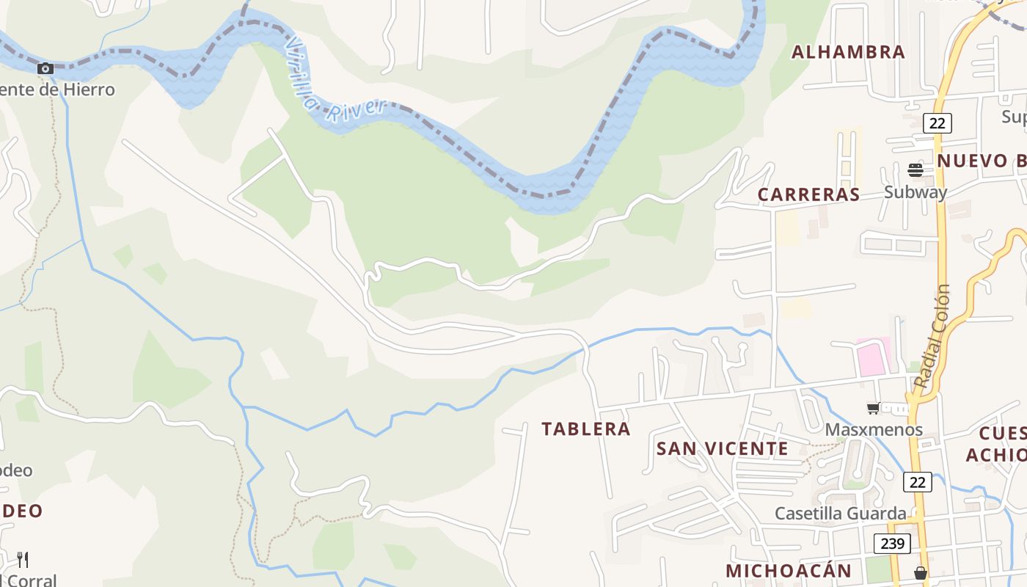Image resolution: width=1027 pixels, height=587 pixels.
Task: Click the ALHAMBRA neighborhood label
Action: [848, 52]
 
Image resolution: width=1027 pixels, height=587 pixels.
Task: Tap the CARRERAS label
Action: [808, 194]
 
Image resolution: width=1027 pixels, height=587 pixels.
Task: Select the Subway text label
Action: [915, 192]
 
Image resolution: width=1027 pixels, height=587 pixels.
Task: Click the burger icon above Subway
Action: [915, 170]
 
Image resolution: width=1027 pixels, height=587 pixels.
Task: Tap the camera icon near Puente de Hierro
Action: [45, 68]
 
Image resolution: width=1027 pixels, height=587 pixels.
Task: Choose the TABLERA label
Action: [586, 429]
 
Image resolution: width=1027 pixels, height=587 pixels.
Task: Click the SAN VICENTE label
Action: [722, 448]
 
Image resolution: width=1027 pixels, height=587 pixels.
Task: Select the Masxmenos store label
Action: [874, 429]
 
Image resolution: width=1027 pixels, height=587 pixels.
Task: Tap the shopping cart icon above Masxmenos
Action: [873, 408]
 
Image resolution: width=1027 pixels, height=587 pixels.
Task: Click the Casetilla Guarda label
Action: [841, 513]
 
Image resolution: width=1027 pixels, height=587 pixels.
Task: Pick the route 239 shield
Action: [892, 544]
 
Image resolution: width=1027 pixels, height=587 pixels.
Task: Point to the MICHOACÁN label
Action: [789, 571]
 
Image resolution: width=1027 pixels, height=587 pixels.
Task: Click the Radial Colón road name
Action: [933, 336]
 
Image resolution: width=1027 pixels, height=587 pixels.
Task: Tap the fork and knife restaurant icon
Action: [23, 560]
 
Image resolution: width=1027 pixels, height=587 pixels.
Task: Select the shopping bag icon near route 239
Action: [921, 572]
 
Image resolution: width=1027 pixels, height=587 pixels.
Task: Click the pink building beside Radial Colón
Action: [874, 356]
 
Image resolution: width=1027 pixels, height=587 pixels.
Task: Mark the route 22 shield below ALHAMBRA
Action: [937, 123]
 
